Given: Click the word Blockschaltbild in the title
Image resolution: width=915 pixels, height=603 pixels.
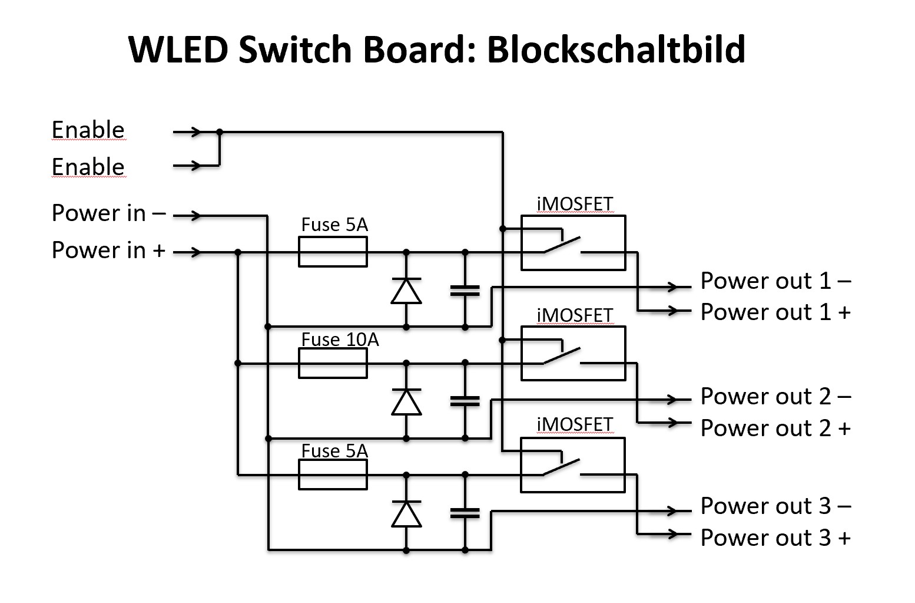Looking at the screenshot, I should click(616, 50).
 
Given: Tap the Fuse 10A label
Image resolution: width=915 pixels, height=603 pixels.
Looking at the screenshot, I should click(340, 340).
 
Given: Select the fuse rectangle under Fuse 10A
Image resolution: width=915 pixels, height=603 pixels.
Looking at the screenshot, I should click(333, 363).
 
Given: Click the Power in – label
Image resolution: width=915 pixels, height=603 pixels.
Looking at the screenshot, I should click(109, 213).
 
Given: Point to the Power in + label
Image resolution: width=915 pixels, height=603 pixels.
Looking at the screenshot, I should click(109, 251).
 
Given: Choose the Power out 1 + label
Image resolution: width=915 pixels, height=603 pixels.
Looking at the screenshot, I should click(775, 312).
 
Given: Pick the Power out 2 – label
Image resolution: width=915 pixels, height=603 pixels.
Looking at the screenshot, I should click(775, 397).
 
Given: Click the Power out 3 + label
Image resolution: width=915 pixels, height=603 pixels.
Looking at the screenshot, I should click(775, 538).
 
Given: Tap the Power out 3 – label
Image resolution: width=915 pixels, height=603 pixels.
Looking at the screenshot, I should click(775, 506).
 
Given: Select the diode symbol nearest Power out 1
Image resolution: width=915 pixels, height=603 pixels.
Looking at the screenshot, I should click(406, 291).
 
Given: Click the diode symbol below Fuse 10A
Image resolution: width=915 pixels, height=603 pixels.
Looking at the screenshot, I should click(406, 402).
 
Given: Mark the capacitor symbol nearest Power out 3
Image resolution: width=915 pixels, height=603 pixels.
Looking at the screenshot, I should click(465, 513).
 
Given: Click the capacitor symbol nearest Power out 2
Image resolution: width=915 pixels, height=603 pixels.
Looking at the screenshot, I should click(465, 401).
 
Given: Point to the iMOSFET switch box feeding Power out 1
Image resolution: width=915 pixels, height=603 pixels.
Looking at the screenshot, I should click(573, 243).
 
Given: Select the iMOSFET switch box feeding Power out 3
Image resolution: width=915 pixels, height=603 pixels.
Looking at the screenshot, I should click(573, 465).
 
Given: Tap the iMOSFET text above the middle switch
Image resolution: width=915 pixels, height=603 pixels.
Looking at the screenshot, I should click(575, 315).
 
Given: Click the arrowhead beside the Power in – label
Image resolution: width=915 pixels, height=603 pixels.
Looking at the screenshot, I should click(196, 216).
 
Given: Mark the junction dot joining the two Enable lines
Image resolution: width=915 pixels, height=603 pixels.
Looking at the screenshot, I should click(220, 132).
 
